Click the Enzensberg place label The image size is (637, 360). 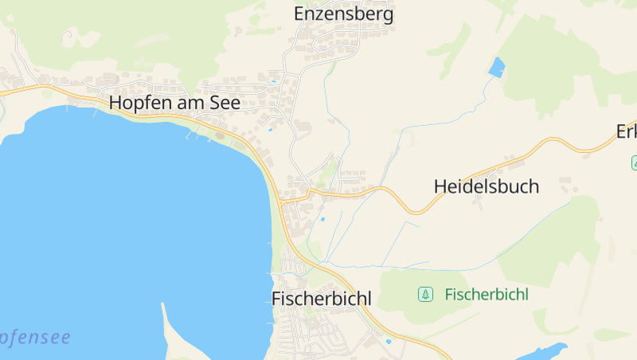click(343, 14)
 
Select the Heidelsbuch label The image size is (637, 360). click(486, 186)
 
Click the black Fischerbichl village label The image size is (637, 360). click(322, 299)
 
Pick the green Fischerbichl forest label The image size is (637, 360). click(486, 295)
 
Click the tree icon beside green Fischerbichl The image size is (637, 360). click(426, 295)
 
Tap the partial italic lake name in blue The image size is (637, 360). click(35, 338)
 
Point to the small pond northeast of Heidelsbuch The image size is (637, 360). click(497, 67)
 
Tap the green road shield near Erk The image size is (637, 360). click(635, 162)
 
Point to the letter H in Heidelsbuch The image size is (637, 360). click(440, 186)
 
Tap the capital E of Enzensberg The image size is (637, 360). click(299, 14)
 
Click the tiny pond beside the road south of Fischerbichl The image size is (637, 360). click(388, 342)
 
